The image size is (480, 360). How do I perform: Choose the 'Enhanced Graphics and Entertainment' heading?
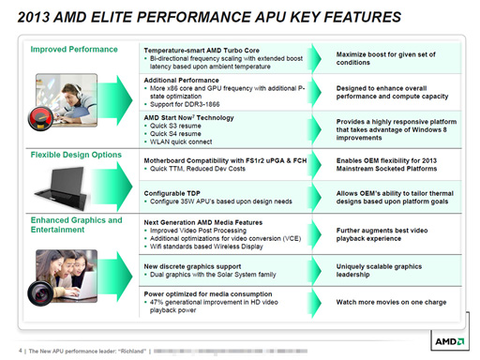click(75, 226)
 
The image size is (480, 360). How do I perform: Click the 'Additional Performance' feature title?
click(183, 82)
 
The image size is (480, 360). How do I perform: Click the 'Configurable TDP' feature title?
click(174, 191)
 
